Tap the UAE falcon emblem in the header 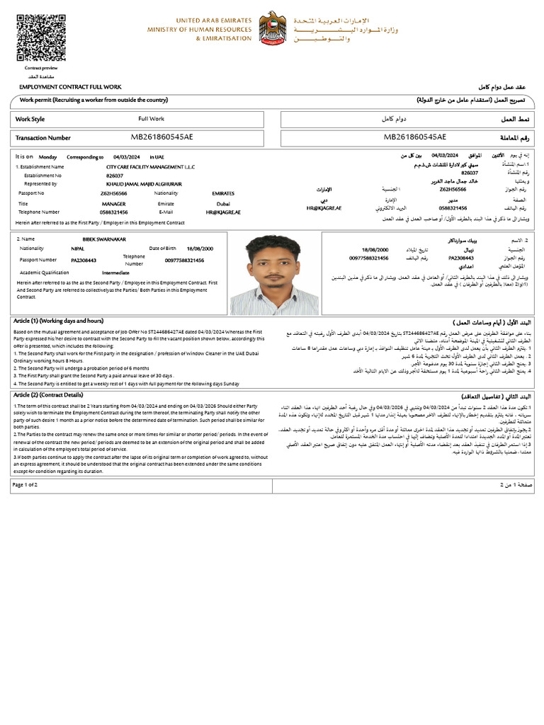click(x=273, y=30)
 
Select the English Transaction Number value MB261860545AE click(x=161, y=137)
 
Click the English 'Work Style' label click(x=30, y=119)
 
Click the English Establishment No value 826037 click(x=115, y=175)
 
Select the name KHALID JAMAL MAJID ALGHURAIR click(x=144, y=183)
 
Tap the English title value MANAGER click(x=113, y=203)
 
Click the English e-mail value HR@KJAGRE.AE click(x=223, y=212)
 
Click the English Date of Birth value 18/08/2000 click(x=199, y=249)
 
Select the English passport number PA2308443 click(x=84, y=260)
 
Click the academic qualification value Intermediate click(x=115, y=272)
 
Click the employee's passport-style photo click(x=274, y=275)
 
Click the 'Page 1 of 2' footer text click(x=25, y=484)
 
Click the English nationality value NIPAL click(x=77, y=249)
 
